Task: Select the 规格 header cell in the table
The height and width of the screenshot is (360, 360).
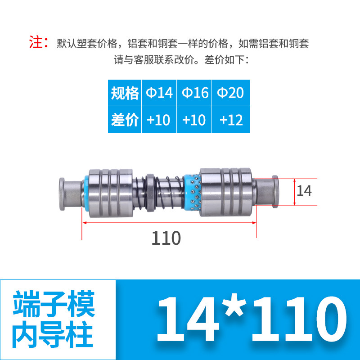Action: point(125,93)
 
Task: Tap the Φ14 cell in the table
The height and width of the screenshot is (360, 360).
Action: point(159,93)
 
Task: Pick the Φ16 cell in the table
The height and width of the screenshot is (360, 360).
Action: point(194,93)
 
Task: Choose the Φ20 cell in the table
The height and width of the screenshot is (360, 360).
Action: point(230,93)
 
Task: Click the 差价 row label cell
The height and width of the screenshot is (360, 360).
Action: point(125,120)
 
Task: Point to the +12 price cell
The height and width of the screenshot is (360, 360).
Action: point(230,120)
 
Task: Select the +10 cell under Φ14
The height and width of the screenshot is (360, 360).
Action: point(159,120)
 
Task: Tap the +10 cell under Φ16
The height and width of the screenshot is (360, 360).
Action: point(194,120)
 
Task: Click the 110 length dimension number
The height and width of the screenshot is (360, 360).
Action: point(166,238)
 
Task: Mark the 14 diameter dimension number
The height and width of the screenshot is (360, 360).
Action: point(304,191)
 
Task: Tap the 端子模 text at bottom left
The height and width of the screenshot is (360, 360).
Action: point(54,304)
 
